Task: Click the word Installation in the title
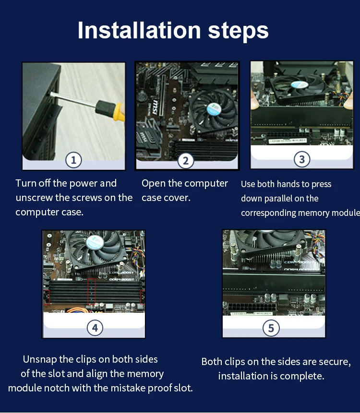pos(139,31)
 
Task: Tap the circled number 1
pos(73,160)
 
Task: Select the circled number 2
pos(186,161)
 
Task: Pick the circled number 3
pos(302,159)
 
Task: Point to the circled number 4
pos(95,328)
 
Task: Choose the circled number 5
pos(271,328)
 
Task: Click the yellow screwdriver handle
pos(119,112)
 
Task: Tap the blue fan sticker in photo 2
pos(214,109)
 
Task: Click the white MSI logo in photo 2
pos(155,107)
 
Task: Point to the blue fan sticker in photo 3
pos(300,84)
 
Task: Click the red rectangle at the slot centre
pos(92,292)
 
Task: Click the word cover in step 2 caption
pos(179,198)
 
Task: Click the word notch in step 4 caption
pos(57,388)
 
